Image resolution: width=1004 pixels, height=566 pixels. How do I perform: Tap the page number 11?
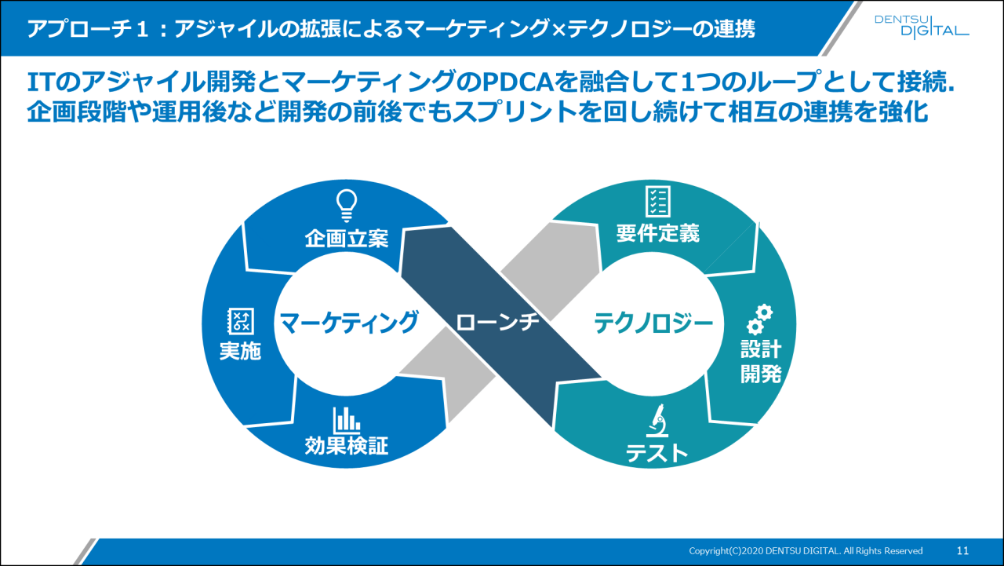click(x=963, y=550)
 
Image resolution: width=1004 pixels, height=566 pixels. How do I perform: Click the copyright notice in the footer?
click(x=806, y=550)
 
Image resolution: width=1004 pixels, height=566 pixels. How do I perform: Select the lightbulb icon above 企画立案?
click(x=346, y=204)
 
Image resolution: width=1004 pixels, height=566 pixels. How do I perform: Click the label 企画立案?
click(x=346, y=239)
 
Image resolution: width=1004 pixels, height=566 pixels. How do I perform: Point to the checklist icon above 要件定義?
click(x=657, y=201)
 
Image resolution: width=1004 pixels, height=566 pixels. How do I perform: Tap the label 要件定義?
click(x=657, y=233)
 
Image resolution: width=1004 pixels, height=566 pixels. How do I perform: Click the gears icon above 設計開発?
click(x=759, y=319)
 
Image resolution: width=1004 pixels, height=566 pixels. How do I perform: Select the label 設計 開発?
click(x=760, y=361)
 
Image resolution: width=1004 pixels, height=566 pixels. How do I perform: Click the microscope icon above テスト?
click(x=657, y=422)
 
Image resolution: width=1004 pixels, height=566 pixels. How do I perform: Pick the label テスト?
click(x=657, y=453)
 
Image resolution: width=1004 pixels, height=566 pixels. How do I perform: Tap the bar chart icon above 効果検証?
click(x=346, y=420)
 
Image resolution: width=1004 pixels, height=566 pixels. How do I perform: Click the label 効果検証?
click(x=346, y=447)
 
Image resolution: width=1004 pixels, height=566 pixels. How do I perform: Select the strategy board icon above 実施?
click(x=239, y=320)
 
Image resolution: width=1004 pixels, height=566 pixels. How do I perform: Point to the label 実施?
click(x=239, y=351)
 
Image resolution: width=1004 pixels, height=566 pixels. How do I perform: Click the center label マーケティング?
click(x=348, y=323)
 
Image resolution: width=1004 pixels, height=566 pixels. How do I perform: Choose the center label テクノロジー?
click(x=653, y=323)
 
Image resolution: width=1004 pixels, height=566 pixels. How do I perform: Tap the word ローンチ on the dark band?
click(x=497, y=323)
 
